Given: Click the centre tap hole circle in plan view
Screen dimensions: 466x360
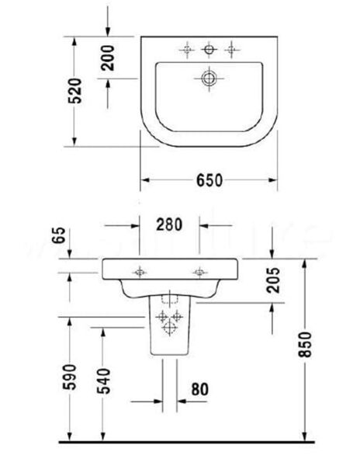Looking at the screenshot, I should click(x=207, y=50).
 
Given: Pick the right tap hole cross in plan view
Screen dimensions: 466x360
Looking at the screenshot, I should click(x=229, y=50).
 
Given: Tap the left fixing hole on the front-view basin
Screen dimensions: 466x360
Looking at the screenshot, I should click(x=140, y=272).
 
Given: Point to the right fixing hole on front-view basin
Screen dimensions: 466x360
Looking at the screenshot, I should click(x=200, y=272).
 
